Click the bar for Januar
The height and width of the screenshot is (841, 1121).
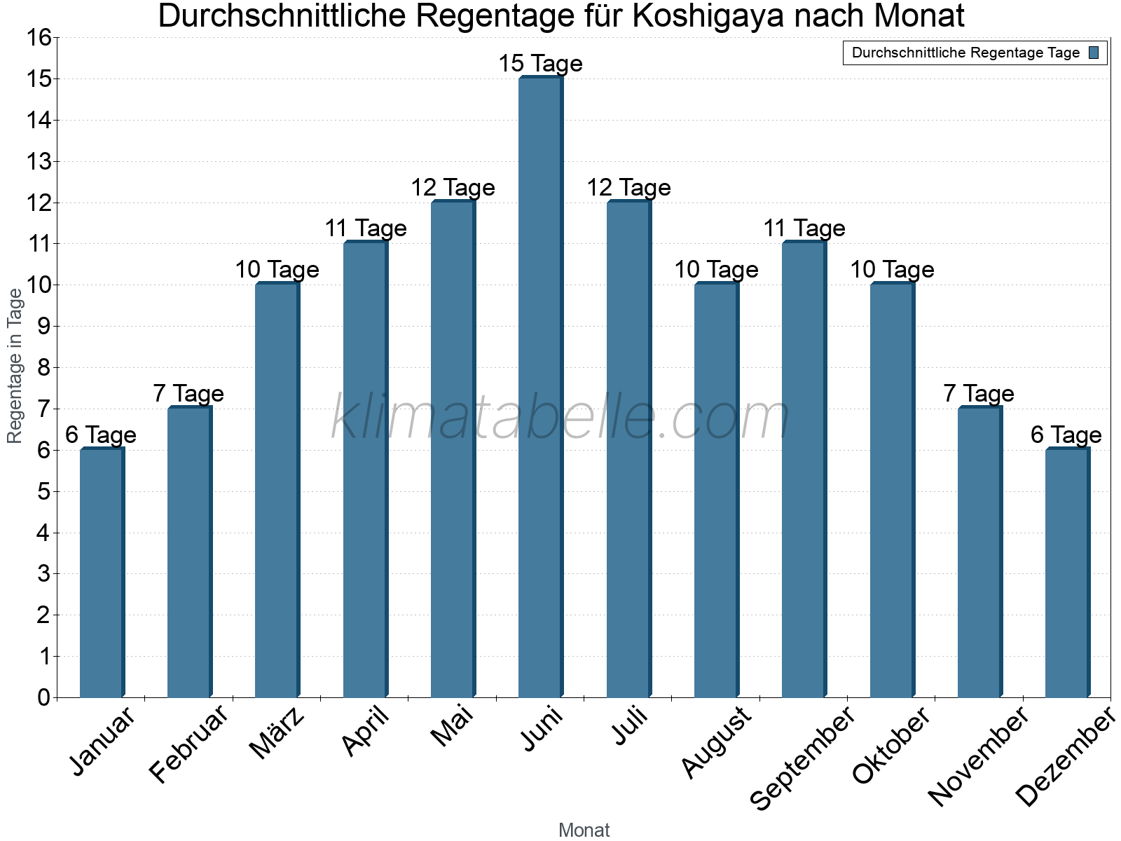point(102,573)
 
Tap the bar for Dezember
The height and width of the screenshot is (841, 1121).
point(1067,573)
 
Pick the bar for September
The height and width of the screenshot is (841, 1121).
point(804,470)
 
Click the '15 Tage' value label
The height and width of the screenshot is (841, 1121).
point(540,64)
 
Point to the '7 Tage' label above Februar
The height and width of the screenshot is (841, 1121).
point(188,394)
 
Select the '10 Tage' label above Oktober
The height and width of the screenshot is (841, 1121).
point(892,270)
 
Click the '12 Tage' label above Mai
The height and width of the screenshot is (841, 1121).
point(453,188)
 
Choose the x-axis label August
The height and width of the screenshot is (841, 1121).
point(716,741)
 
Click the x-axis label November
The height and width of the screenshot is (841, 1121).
point(979,755)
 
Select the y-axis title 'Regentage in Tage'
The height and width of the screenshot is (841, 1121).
point(15,366)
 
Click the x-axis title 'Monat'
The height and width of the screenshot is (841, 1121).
point(584,830)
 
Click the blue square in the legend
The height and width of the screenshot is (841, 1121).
point(1094,53)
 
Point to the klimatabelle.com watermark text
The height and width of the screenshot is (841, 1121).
point(560,418)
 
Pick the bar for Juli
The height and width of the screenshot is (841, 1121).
point(628,449)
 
